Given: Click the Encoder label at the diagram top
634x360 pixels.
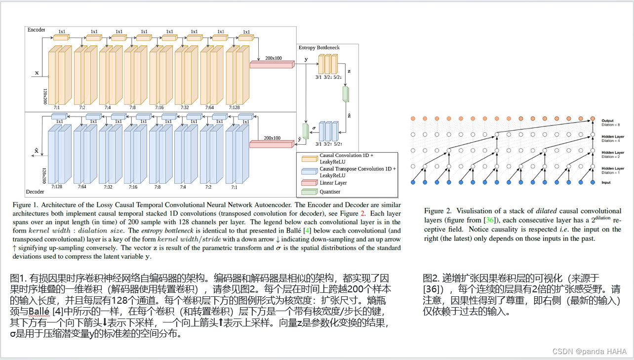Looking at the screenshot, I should click(36, 30).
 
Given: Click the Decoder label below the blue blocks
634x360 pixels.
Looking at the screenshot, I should click(35, 192).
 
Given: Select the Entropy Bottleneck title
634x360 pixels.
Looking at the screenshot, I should click(319, 47).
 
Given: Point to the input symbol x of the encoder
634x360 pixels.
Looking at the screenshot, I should click(37, 73).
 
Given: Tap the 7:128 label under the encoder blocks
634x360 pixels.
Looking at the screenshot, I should click(235, 107).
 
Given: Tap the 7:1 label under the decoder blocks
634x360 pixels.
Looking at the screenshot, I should click(234, 187).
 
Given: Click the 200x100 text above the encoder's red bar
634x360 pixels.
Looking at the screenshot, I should click(273, 58).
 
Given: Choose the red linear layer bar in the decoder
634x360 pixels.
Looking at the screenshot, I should click(271, 144).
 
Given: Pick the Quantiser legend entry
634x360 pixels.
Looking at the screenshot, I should click(330, 192).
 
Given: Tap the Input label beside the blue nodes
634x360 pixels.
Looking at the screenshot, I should click(606, 183).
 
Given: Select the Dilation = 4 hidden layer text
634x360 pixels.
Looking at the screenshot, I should click(612, 138).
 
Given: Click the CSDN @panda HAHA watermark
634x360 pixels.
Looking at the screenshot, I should click(589, 352).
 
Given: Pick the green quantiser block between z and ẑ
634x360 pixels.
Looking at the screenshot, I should click(346, 94).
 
